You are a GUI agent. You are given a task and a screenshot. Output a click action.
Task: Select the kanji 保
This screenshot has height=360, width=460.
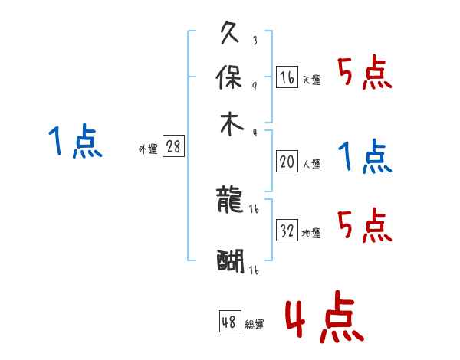coord(231,77)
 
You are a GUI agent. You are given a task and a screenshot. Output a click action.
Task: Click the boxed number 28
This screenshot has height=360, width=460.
coord(173,147)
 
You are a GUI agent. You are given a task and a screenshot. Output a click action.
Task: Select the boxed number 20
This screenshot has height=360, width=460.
coord(287,161)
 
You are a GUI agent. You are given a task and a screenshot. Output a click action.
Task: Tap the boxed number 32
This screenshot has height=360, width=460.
coord(287,231)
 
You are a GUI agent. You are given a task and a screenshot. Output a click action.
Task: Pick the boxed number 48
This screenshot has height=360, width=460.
coord(229,322)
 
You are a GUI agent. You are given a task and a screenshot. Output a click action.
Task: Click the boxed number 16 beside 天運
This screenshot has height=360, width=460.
coord(287,77)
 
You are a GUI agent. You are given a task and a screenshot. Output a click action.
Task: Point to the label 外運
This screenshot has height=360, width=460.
coord(148,150)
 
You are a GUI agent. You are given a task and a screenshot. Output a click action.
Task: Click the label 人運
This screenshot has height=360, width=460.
coord(312,164)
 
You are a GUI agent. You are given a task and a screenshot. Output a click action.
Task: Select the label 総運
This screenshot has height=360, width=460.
coord(255,325)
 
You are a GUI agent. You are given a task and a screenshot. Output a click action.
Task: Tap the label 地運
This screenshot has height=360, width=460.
coord(312,233)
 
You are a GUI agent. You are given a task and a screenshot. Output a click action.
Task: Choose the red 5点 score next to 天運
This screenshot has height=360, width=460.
coord(364,74)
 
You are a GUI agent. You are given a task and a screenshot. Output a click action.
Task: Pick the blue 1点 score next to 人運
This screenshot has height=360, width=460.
coord(364,157)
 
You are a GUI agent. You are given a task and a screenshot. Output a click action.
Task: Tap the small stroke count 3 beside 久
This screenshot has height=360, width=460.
coord(254,40)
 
